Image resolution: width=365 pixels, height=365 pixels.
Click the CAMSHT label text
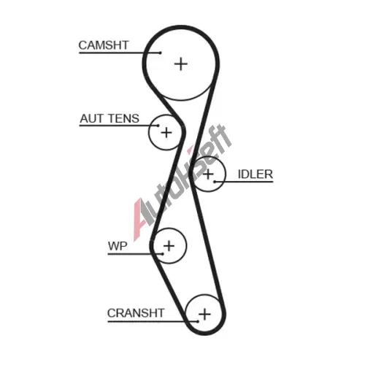(104, 45)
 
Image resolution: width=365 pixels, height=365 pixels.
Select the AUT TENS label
(109, 119)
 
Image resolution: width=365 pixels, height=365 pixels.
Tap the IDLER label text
(255, 174)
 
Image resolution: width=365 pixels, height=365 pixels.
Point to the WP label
(118, 246)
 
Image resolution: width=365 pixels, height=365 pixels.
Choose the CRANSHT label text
(136, 313)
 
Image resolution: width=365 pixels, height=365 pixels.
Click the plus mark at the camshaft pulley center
(181, 64)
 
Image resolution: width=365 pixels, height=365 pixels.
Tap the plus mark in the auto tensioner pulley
(166, 133)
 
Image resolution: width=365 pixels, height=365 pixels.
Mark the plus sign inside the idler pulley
(208, 174)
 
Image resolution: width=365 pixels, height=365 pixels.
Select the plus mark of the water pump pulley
(169, 245)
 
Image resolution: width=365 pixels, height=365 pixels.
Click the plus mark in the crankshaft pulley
(204, 314)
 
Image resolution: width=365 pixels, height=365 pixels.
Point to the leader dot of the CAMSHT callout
(161, 53)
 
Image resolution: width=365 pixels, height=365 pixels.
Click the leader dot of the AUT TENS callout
(158, 126)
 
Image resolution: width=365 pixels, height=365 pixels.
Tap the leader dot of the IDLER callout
(215, 182)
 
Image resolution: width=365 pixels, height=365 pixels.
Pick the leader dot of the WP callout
(163, 254)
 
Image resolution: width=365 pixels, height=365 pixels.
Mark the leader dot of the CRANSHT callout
(198, 321)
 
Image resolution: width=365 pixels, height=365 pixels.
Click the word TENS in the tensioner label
(124, 119)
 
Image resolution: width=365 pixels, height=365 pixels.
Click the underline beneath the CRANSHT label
(153, 321)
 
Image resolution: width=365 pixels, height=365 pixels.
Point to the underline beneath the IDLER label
(244, 182)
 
